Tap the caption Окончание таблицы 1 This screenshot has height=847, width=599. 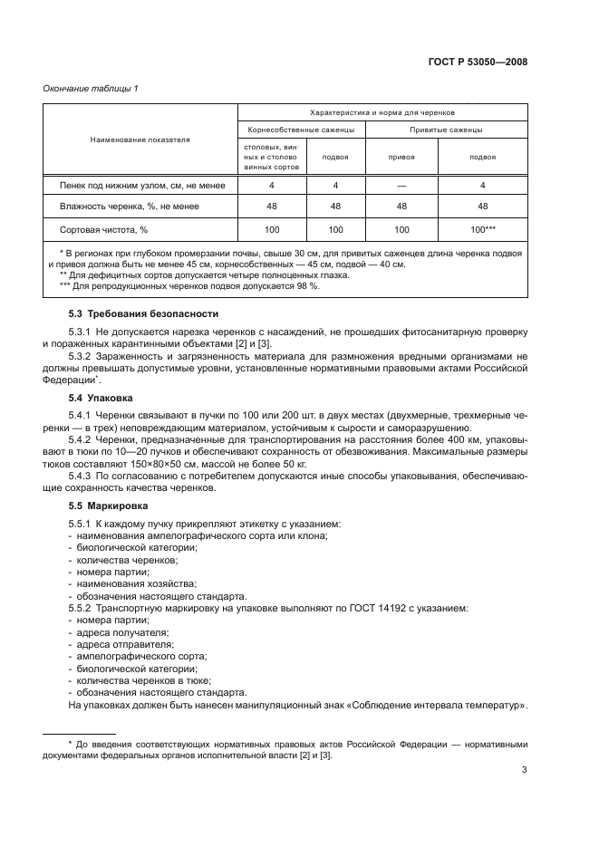pos(91,88)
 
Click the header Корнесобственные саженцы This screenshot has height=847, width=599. pos(300,130)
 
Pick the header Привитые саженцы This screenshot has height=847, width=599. pos(446,130)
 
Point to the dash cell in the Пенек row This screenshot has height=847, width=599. pos(401,186)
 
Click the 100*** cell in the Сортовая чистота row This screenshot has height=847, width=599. pos(482,230)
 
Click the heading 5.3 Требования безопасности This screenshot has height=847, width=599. pos(143,313)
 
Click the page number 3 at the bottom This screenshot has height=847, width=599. pos(525,771)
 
